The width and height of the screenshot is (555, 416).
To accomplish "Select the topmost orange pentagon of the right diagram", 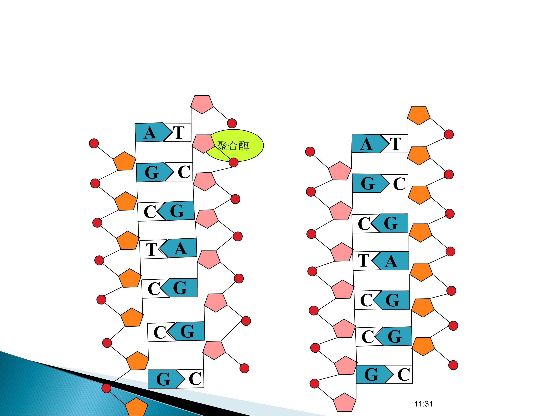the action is (x=419, y=115).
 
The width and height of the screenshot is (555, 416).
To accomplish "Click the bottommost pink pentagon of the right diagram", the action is (x=345, y=402).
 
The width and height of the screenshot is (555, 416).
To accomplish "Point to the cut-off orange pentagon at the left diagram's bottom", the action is (x=136, y=407).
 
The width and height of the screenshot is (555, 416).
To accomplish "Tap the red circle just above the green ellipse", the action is (x=232, y=123).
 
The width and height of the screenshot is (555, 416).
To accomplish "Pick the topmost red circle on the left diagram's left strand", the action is (x=94, y=143).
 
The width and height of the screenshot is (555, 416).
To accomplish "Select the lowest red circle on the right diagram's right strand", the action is (x=453, y=365).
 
